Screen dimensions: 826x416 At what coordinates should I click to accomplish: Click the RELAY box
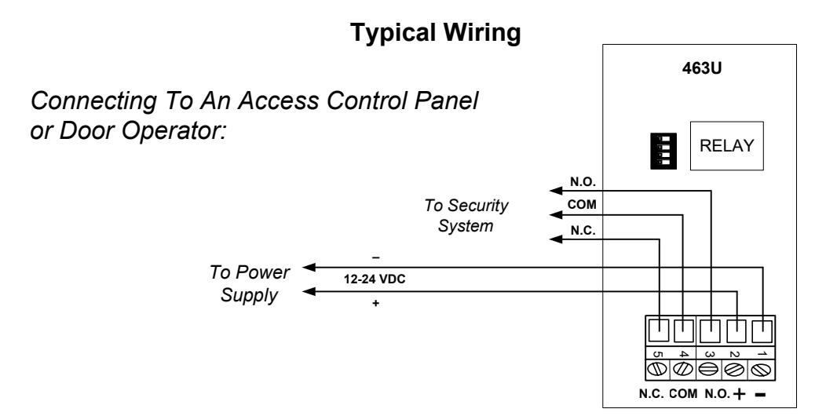tap(726, 146)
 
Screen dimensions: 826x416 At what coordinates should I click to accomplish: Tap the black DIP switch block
tap(663, 151)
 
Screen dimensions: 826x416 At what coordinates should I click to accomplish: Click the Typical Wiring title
tap(436, 33)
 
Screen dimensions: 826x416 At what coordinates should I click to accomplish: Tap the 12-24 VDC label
tap(375, 279)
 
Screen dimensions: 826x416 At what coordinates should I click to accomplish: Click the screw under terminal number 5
tap(657, 370)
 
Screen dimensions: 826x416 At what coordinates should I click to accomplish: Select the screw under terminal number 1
tap(761, 370)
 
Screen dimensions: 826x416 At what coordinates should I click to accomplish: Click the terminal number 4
tap(683, 354)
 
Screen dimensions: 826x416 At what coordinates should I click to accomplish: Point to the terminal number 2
tap(735, 354)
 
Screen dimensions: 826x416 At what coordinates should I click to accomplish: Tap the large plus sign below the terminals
tap(739, 394)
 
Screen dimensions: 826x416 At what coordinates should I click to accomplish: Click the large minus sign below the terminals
tap(761, 394)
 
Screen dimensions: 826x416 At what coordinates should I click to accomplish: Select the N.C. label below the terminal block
tap(652, 394)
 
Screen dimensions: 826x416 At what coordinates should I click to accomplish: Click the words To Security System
tap(466, 215)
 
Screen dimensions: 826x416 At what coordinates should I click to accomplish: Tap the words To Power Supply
tap(249, 283)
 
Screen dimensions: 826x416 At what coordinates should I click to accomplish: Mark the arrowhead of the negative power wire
tap(309, 268)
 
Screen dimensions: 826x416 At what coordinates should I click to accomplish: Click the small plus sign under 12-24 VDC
tap(375, 303)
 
